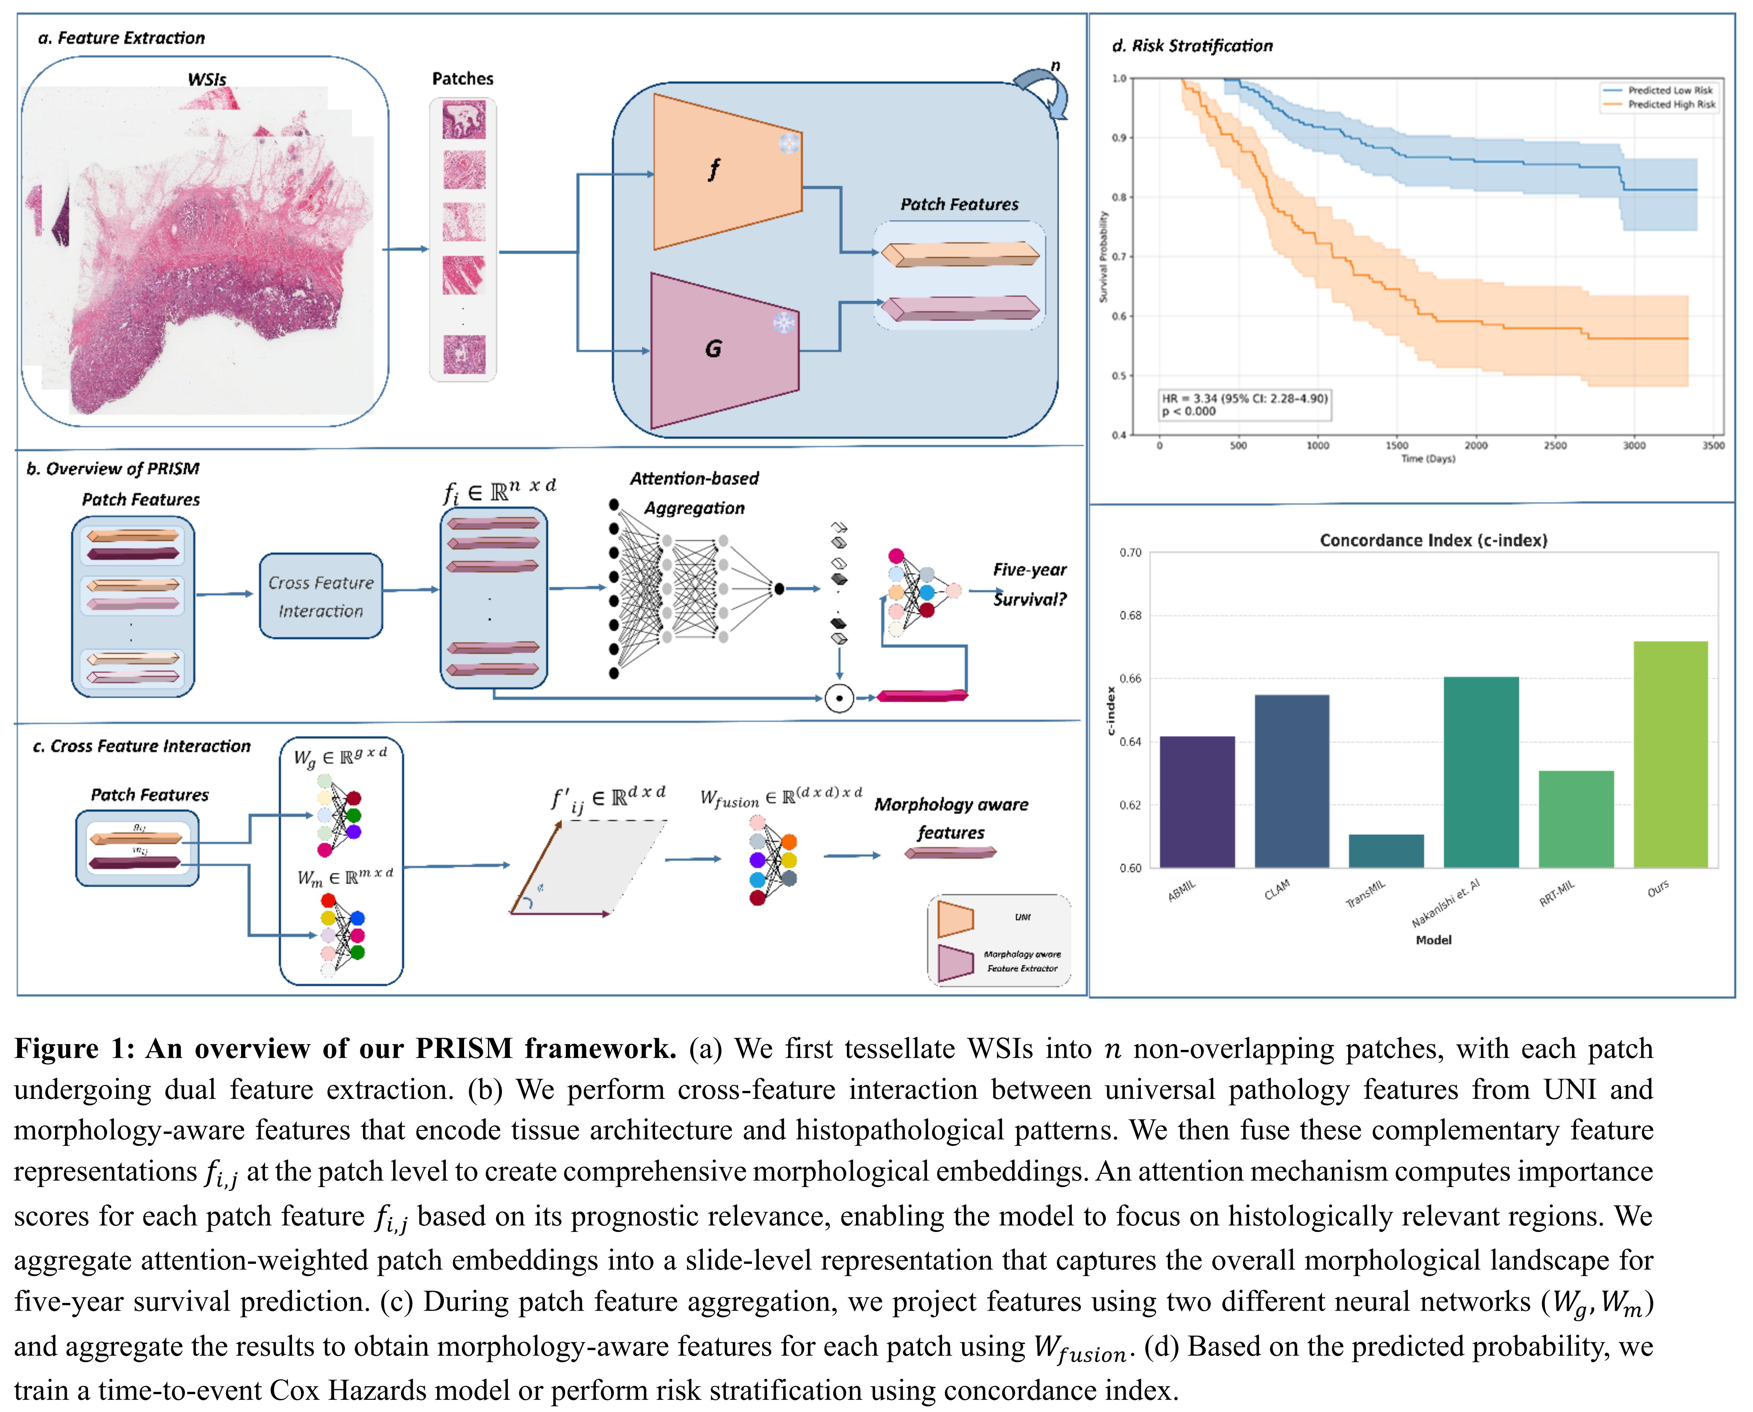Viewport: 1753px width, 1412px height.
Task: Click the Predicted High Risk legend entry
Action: pos(1671,104)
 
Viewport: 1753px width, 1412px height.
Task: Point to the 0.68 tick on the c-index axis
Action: pos(1130,616)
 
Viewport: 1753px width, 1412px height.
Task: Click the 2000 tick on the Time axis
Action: pos(1476,446)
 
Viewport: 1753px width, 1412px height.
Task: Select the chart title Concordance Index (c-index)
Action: pos(1432,540)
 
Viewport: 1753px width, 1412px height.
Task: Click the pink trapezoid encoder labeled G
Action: pos(720,350)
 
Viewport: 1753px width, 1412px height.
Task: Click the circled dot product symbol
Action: pos(839,698)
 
